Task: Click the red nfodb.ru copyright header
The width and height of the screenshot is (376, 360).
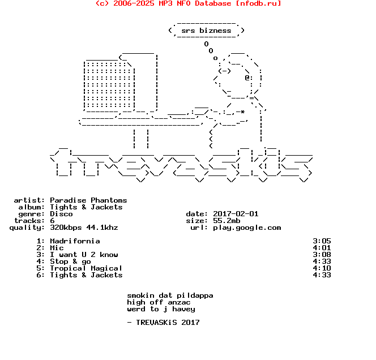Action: click(188, 3)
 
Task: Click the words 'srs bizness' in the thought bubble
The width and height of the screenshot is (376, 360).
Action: click(206, 31)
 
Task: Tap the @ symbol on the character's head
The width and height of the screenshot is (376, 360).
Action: click(247, 78)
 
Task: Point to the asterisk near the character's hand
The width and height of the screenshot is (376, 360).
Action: click(243, 112)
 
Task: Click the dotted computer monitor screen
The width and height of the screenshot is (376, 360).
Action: click(109, 85)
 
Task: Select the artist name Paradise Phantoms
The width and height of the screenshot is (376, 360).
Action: click(88, 200)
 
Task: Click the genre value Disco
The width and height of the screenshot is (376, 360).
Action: click(61, 214)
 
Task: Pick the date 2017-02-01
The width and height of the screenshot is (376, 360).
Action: click(236, 214)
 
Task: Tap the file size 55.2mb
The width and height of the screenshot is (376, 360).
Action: click(227, 221)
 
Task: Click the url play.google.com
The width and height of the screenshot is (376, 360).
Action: click(247, 228)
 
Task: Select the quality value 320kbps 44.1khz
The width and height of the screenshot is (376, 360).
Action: click(84, 228)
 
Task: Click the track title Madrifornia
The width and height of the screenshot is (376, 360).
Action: click(75, 241)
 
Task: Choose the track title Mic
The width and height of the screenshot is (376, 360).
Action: click(57, 247)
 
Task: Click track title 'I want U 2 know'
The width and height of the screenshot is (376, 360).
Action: click(84, 255)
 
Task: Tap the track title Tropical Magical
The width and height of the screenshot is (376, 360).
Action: click(86, 268)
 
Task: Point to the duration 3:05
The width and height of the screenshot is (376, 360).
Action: click(322, 241)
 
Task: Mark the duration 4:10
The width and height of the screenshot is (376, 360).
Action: click(322, 268)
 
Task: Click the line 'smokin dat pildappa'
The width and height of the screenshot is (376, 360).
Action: click(170, 295)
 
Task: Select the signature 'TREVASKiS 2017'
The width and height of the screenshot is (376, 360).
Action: click(168, 323)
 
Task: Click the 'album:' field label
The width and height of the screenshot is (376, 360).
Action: click(31, 207)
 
